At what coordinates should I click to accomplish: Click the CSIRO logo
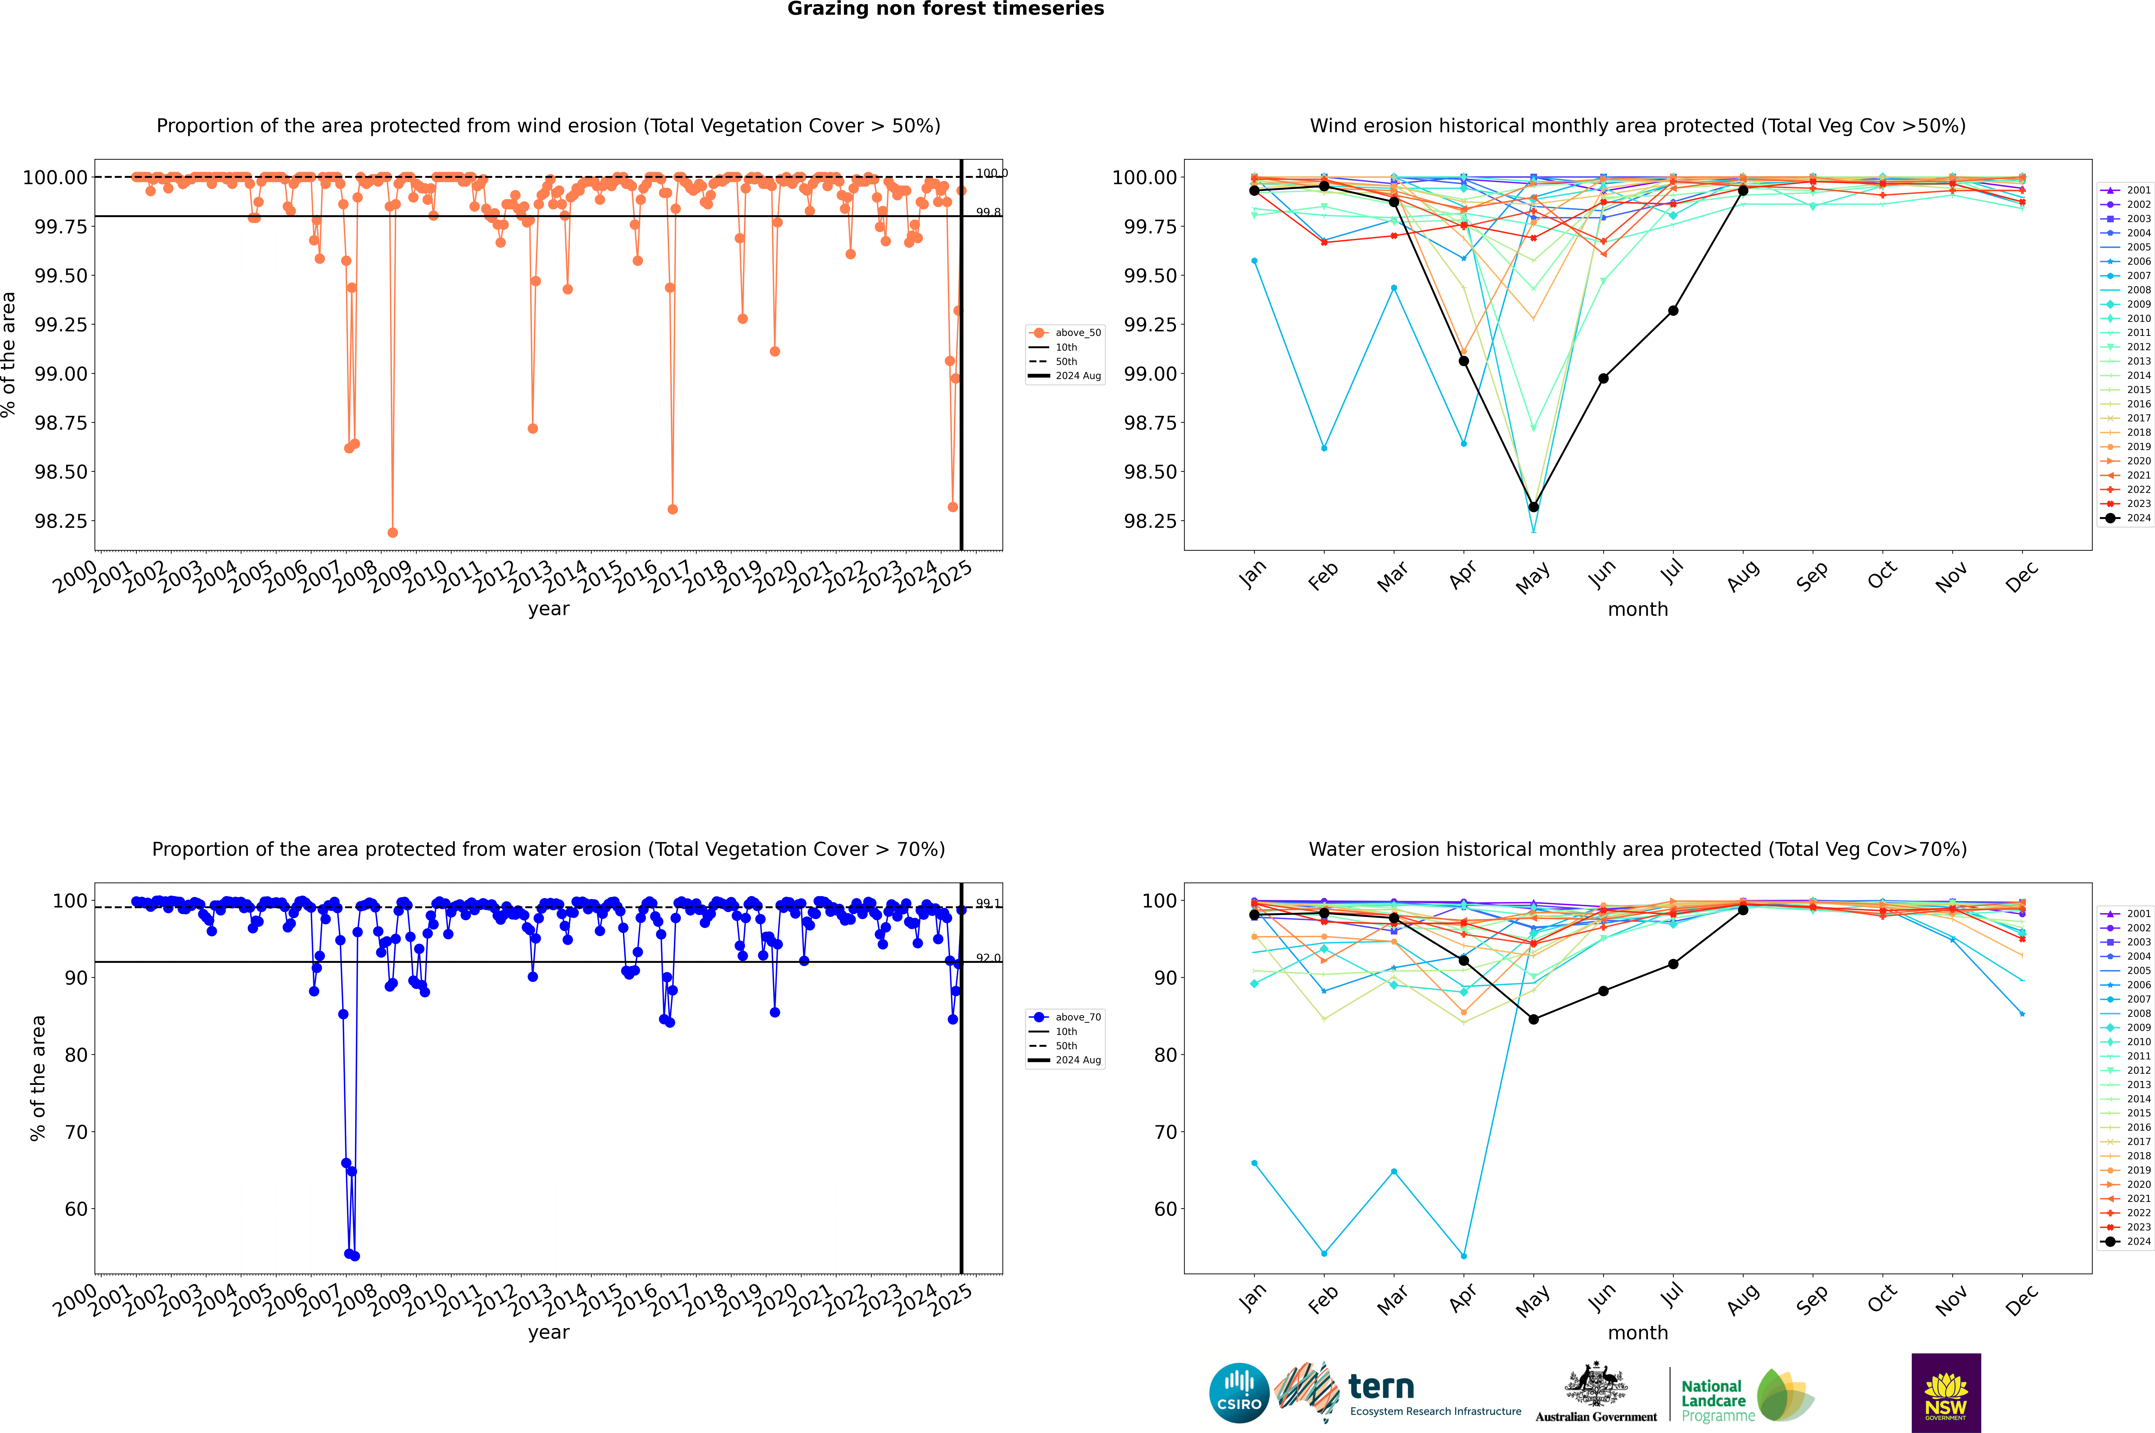pos(1239,1393)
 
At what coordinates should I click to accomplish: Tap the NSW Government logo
pos(1946,1393)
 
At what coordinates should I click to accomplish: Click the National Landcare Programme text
pos(1714,1400)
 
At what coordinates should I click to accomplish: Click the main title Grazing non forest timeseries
pos(946,9)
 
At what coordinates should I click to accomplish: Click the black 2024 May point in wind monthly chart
pos(1534,506)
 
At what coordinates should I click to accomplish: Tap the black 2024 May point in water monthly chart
pos(1534,1019)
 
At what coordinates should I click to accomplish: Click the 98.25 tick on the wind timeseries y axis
pos(60,521)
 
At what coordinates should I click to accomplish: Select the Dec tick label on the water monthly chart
pos(2022,1300)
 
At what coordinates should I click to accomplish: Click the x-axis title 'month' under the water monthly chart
pos(1638,1333)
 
